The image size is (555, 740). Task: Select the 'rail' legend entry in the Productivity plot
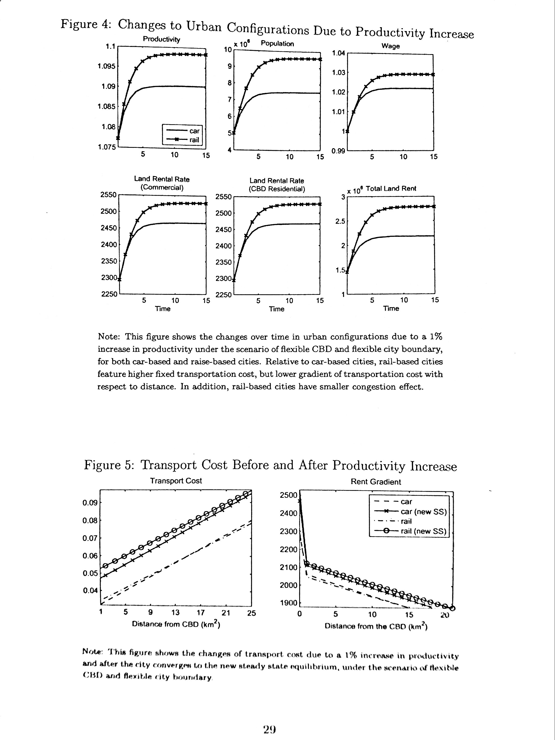[194, 140]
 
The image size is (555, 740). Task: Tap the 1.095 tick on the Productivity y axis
[106, 66]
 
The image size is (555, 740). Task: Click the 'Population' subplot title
[277, 43]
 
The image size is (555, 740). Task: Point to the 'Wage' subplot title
[391, 46]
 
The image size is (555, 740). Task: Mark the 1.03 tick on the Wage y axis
[338, 73]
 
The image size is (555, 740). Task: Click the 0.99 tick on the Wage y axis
[338, 151]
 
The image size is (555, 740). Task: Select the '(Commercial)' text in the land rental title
[162, 188]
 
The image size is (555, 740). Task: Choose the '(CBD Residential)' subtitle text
[277, 189]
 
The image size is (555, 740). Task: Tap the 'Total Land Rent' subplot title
[391, 189]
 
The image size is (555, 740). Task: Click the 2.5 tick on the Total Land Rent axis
[340, 221]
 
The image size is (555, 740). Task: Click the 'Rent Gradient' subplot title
[376, 482]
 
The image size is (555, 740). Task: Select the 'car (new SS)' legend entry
[424, 512]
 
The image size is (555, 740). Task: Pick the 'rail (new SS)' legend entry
[424, 531]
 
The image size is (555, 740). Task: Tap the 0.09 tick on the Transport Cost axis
[90, 503]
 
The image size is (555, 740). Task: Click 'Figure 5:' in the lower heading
[109, 465]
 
